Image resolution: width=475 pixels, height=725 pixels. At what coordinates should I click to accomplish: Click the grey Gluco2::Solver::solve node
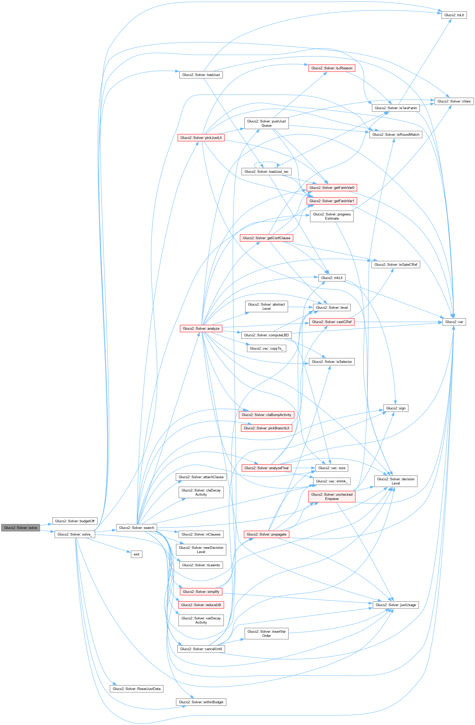[x=20, y=528]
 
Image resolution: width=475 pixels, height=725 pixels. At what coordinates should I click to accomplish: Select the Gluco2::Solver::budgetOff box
[x=75, y=521]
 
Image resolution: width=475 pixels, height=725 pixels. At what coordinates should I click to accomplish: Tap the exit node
[x=136, y=554]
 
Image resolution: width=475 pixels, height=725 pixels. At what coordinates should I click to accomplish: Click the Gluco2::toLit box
[x=454, y=15]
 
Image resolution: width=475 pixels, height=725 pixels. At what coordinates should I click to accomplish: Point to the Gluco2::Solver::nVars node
[x=454, y=101]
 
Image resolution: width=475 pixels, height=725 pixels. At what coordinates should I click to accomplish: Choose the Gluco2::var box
[x=454, y=322]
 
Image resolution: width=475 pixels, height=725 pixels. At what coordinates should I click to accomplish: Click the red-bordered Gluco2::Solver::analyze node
[x=201, y=328]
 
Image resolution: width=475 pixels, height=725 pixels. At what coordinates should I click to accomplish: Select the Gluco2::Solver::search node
[x=136, y=528]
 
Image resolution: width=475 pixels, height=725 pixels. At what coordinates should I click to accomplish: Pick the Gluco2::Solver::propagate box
[x=266, y=534]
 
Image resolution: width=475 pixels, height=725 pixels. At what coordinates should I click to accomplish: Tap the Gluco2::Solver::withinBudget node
[x=201, y=702]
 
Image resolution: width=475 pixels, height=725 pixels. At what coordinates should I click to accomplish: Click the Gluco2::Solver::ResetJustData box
[x=136, y=689]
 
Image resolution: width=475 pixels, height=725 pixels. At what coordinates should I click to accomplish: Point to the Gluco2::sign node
[x=396, y=408]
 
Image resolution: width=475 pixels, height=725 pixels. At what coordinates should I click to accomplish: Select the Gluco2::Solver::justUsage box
[x=396, y=605]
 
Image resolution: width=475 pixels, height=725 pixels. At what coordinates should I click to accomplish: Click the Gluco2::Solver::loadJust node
[x=201, y=75]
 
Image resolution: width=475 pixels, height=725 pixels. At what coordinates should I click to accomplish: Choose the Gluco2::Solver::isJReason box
[x=332, y=68]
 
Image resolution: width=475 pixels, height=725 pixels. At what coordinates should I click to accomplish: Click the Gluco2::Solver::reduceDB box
[x=201, y=605]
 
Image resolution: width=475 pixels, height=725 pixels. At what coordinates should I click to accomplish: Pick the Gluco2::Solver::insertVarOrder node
[x=266, y=634]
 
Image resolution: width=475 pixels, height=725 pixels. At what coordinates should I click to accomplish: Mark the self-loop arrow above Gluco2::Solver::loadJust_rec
[x=267, y=162]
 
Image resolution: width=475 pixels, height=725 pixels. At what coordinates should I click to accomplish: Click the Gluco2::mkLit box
[x=332, y=278]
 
